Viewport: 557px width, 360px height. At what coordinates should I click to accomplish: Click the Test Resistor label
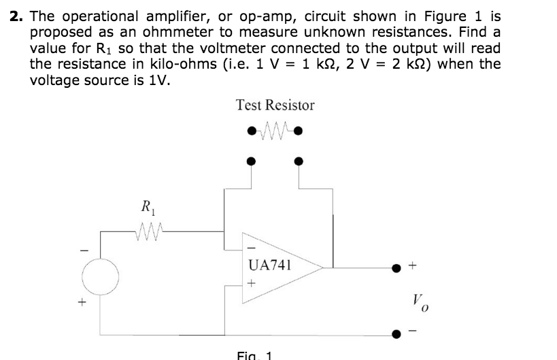coord(275,105)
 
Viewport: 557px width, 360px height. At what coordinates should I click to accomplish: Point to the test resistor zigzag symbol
coord(275,129)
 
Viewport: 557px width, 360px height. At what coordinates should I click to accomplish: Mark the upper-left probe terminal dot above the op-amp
coord(252,161)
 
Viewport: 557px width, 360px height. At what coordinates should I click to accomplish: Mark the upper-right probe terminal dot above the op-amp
coord(298,161)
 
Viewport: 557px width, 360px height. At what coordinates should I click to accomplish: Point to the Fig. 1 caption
coord(254,355)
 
